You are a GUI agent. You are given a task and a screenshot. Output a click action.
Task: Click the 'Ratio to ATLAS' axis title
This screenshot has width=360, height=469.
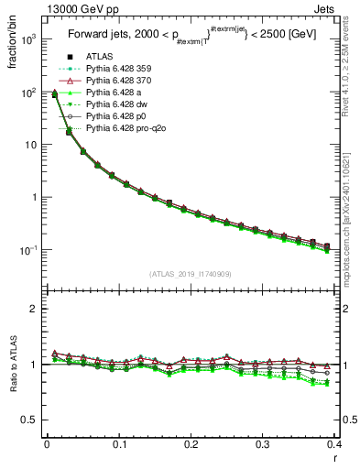13,365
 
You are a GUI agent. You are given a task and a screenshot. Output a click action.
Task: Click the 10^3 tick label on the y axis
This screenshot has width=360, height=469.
27,40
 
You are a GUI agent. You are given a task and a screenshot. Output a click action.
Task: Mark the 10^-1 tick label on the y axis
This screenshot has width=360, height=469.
27,250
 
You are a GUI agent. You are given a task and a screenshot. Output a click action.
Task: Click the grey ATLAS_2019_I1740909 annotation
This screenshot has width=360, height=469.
190,274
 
